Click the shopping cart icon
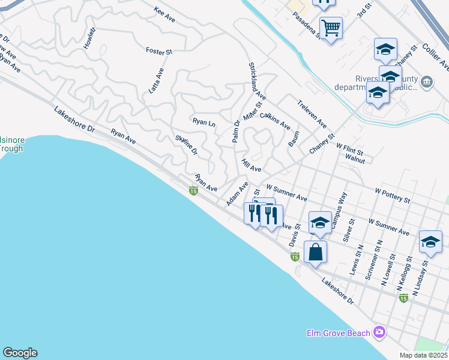point(331,28)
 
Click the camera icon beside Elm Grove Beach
point(379,332)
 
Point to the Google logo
point(20,353)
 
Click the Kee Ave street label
point(164,15)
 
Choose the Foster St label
point(159,51)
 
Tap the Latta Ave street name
point(156,80)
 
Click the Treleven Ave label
point(312,113)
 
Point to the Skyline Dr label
point(186,145)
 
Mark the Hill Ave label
point(251,165)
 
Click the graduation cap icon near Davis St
point(319,222)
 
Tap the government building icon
point(427,82)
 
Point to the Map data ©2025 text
point(424,355)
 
